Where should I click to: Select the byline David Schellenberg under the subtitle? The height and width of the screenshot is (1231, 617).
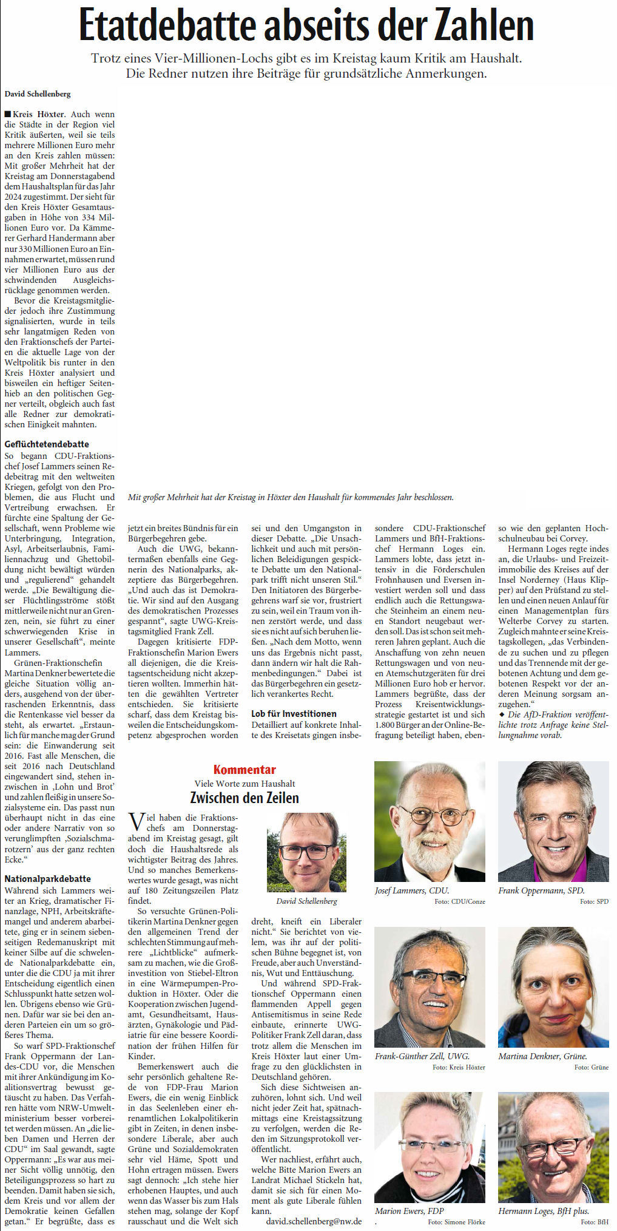(38, 94)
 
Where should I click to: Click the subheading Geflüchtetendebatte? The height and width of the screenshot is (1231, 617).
(47, 444)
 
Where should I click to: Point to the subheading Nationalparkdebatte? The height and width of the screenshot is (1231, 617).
(47, 878)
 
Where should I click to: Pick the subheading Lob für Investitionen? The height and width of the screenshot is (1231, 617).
(294, 713)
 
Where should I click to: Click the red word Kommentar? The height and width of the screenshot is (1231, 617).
(244, 770)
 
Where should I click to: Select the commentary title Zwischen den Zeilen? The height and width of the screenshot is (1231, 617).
(244, 797)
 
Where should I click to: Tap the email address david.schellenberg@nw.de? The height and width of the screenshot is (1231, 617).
(314, 1221)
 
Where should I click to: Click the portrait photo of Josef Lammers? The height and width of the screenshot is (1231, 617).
(430, 821)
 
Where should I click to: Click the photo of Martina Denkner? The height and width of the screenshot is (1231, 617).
(553, 986)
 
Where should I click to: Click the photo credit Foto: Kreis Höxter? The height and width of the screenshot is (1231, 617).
(458, 1067)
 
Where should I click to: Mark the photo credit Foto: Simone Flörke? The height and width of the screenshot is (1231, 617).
(458, 1221)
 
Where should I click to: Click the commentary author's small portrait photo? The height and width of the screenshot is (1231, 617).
(306, 852)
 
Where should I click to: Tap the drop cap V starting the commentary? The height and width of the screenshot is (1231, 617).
(137, 822)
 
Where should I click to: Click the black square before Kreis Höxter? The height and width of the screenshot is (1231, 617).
(7, 114)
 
